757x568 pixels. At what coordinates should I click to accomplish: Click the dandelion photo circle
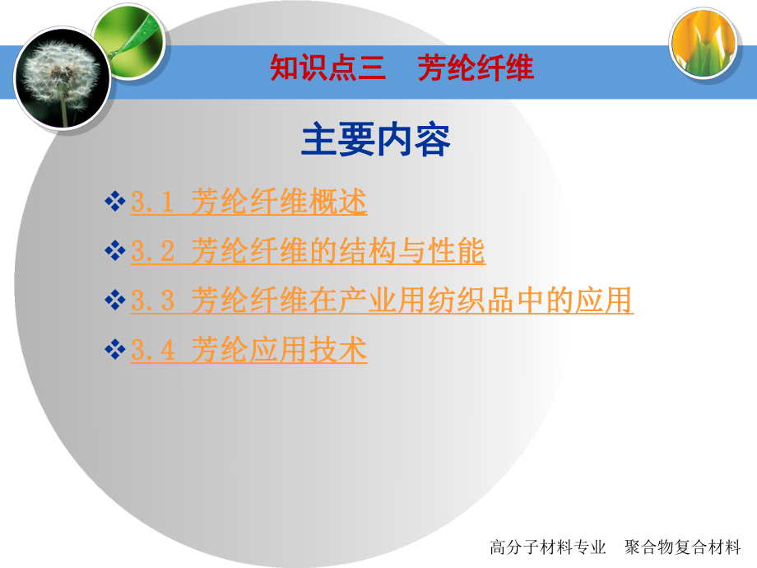click(61, 77)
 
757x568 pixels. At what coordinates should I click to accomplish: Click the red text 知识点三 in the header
click(328, 68)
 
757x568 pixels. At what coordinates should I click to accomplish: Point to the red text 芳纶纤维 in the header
click(476, 68)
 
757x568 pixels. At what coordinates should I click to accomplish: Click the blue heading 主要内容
click(376, 140)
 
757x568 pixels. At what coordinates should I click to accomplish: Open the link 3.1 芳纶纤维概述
click(248, 203)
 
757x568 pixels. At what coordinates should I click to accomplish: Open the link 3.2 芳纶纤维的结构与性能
click(308, 252)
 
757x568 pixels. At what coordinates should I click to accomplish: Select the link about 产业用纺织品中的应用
click(382, 301)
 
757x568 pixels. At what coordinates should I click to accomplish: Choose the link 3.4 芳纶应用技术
click(248, 351)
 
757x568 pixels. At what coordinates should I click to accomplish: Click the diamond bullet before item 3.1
click(115, 202)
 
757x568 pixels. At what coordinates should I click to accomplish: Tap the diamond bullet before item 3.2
click(115, 251)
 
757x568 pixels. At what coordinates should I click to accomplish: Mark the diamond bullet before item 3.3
click(115, 300)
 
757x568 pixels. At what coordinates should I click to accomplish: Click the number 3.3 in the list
click(153, 302)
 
